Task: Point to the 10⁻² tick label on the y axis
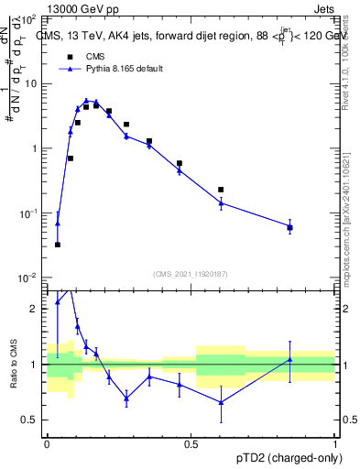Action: [28, 278]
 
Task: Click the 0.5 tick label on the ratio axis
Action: [30, 420]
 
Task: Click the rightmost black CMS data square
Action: [289, 227]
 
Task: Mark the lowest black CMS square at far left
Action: [58, 245]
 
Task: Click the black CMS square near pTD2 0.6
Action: [221, 190]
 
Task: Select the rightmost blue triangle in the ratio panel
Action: [289, 359]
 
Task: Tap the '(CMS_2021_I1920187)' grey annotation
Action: [189, 272]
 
